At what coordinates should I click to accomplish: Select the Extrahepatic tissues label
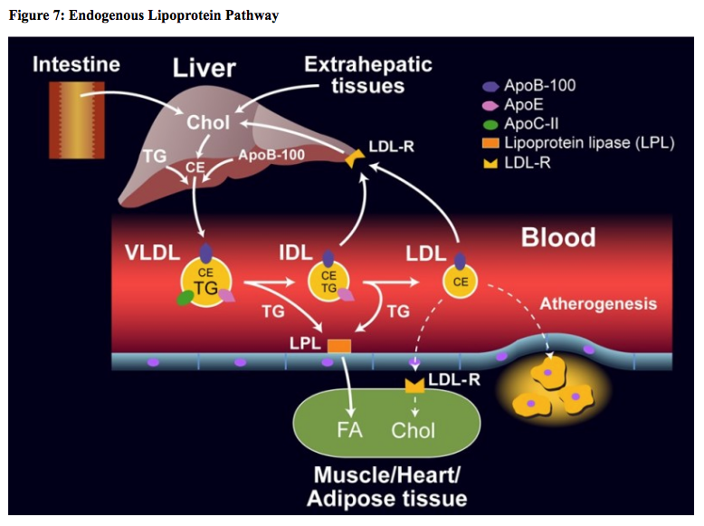367,74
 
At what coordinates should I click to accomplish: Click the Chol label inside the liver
208,121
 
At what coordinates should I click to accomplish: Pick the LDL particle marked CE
460,281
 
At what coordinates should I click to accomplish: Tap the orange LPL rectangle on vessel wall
338,345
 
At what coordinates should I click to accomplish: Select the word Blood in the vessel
557,237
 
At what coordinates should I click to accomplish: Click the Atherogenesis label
598,303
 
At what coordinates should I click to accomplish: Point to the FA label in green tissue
349,429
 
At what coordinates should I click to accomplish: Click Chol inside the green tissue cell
413,429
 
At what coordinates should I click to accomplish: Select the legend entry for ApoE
523,105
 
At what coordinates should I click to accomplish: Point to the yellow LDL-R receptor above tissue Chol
414,385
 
